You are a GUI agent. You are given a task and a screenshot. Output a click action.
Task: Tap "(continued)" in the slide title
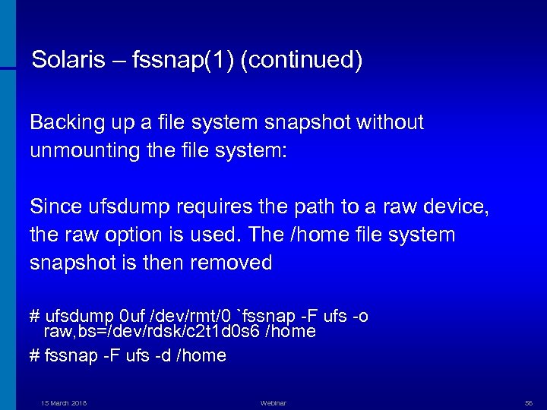point(301,61)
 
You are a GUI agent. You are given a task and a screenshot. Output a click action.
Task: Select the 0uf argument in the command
point(134,316)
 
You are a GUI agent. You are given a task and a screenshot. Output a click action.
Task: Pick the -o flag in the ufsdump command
point(360,316)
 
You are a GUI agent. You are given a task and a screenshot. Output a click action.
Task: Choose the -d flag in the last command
point(162,355)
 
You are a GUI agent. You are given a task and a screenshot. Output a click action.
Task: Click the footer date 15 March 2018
point(64,403)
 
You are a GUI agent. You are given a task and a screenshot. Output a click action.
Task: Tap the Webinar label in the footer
point(273,403)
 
